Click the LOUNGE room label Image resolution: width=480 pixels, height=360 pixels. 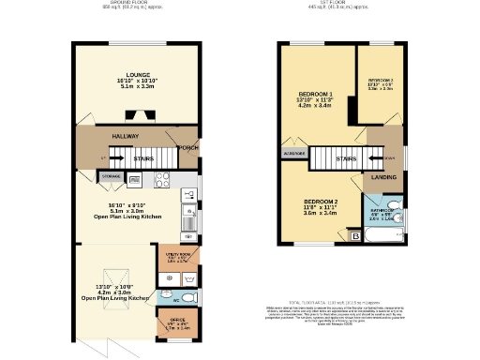138,76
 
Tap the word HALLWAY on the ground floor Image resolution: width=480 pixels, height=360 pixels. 126,136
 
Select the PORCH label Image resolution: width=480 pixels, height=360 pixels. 188,146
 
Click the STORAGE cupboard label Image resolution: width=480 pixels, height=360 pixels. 111,175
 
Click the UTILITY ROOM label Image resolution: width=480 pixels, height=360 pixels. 175,255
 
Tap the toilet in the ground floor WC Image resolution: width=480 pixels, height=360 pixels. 187,298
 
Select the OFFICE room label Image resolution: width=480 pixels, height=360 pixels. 176,325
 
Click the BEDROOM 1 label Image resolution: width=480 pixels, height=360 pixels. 316,95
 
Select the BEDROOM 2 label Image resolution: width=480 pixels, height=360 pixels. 320,202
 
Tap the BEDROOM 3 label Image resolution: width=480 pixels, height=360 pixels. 380,82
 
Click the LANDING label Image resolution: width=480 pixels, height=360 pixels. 384,176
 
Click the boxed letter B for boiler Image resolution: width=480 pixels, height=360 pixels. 354,236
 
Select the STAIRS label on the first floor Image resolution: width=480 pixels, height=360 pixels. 345,160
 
